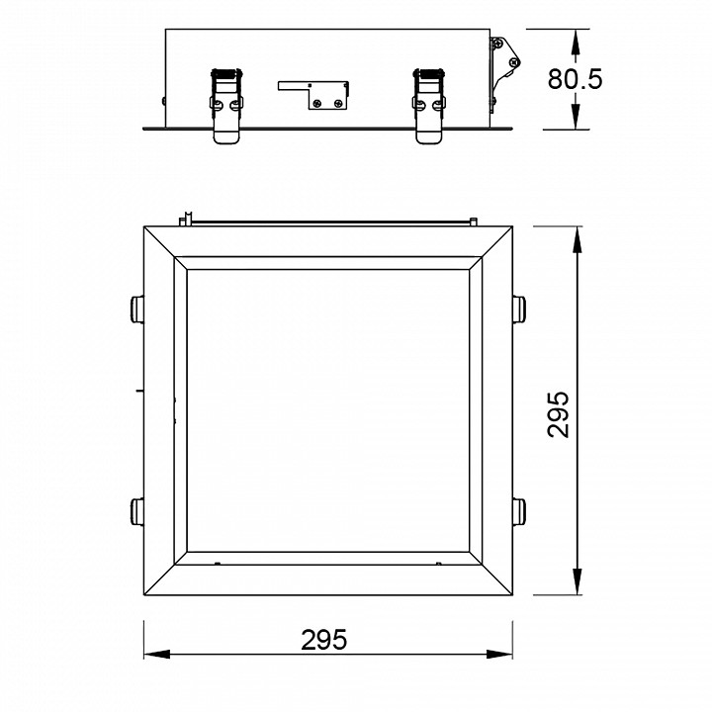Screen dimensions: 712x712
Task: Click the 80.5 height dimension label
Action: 575,79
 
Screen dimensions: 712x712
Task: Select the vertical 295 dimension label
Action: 558,414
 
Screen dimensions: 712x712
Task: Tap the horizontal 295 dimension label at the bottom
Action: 323,640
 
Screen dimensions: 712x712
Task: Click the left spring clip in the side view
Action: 226,106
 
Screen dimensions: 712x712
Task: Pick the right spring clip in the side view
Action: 429,106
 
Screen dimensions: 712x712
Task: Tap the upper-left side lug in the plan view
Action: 136,309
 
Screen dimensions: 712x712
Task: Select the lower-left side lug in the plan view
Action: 136,512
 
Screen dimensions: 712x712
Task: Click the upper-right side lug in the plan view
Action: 519,309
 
